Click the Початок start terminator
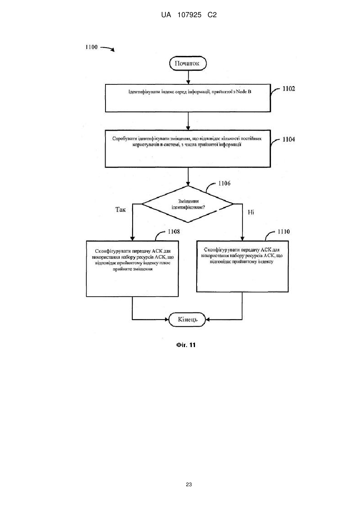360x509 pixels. pos(188,64)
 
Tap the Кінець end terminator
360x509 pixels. pos(187,319)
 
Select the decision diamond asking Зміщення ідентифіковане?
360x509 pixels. pos(188,204)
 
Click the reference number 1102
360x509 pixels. pos(289,89)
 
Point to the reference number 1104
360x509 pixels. pos(289,139)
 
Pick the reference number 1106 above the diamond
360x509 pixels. pos(225,184)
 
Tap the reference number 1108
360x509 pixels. pos(174,232)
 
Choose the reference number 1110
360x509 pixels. pos(284,232)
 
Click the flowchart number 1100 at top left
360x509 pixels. pos(91,47)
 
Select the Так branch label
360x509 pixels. pos(120,210)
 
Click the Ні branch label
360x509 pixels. pos(251,212)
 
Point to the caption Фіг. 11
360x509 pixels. pos(186,345)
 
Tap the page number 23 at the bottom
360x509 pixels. pos(189,485)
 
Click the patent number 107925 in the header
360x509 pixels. pos(189,15)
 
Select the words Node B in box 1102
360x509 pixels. pos(243,92)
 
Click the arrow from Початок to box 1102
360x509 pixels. pos(188,77)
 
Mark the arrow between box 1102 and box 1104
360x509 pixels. pos(188,121)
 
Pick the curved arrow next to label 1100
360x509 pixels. pos(107,49)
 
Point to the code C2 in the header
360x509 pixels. pos(212,15)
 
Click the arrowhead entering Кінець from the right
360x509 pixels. pos(207,320)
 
